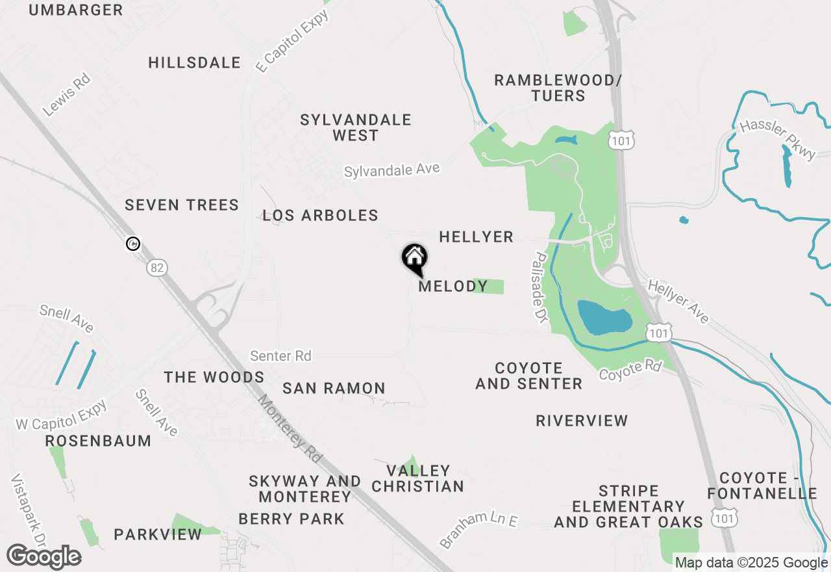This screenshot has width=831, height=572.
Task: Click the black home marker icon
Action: tap(414, 258)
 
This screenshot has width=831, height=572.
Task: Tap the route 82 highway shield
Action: tap(156, 267)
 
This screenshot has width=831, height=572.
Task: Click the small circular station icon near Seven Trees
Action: tap(133, 244)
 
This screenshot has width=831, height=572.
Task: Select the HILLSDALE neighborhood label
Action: tap(194, 63)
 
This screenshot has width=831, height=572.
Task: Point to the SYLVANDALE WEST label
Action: tap(355, 127)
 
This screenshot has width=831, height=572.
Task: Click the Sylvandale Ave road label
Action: tap(391, 170)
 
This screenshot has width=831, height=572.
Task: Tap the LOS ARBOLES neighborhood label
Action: tap(320, 216)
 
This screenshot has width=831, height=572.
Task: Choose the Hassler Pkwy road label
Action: tap(777, 138)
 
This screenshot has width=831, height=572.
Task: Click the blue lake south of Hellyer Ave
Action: tap(604, 318)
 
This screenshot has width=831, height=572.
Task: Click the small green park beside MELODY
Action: tap(490, 286)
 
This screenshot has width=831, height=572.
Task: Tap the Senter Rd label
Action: tap(280, 356)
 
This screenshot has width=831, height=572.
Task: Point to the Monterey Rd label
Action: tap(290, 429)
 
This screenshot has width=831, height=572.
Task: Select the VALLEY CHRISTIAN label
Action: tap(417, 478)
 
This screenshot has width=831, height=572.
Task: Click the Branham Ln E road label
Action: tap(478, 529)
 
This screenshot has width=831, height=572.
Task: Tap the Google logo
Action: tap(43, 557)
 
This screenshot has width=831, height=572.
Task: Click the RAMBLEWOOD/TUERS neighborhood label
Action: tap(558, 88)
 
